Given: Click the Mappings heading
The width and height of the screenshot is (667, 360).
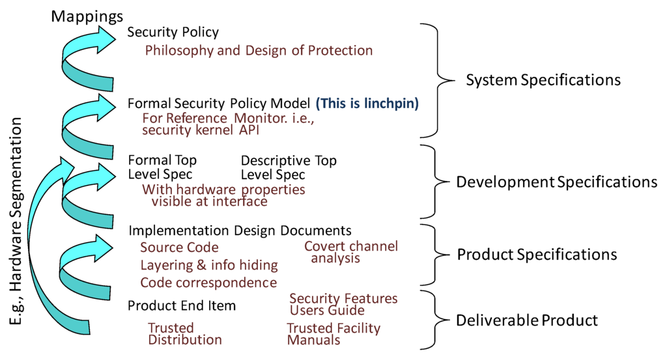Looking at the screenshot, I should (x=87, y=14).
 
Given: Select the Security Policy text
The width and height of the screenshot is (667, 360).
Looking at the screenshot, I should (x=173, y=32).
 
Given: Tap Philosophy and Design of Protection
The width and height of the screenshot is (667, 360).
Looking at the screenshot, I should (x=259, y=50).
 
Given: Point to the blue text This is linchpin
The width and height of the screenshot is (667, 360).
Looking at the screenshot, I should (x=367, y=103).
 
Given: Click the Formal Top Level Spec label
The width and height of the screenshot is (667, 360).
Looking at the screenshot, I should (x=162, y=167).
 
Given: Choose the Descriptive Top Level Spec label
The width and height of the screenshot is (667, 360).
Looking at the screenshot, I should (x=289, y=167).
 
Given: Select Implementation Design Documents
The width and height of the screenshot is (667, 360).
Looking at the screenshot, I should (x=240, y=230).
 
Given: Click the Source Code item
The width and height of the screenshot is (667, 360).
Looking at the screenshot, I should (x=179, y=247).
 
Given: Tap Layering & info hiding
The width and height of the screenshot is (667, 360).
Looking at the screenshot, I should (x=209, y=265).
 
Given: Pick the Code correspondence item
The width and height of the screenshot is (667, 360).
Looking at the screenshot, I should (x=208, y=283).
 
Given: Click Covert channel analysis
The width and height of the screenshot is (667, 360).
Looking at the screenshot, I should (x=350, y=252).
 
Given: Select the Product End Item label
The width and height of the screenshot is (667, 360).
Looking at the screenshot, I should (x=182, y=306).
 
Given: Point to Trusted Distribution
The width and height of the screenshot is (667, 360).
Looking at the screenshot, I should (x=185, y=333).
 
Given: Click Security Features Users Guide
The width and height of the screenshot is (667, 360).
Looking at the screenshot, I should (x=343, y=304).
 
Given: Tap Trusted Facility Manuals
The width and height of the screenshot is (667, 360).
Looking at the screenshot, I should (x=333, y=334).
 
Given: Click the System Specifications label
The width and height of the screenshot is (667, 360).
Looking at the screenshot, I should (x=543, y=80).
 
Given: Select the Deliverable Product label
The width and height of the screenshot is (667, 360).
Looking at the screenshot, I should (x=526, y=320).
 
